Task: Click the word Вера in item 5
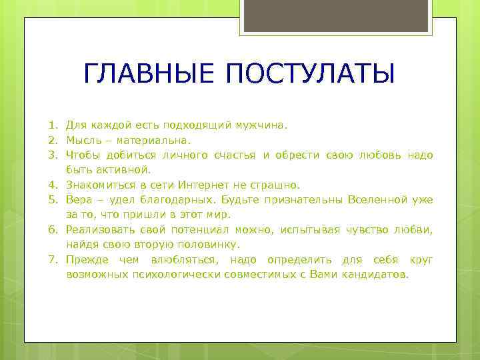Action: pyautogui.click(x=78, y=199)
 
